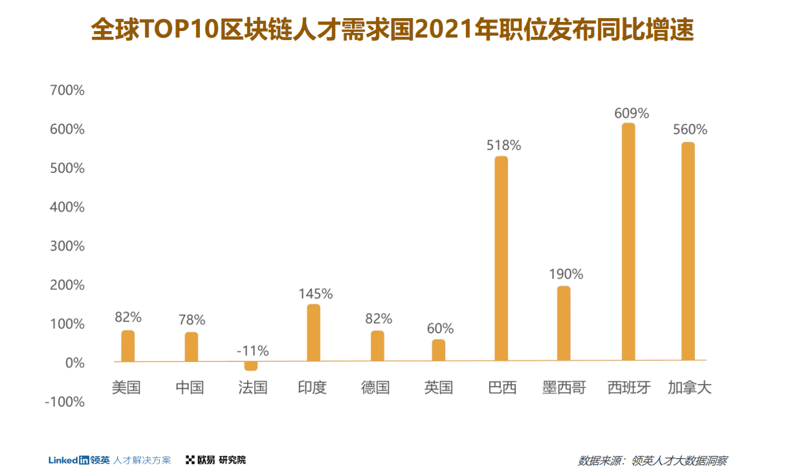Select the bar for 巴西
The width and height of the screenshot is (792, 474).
pos(501,258)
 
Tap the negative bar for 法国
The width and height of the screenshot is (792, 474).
pos(251,366)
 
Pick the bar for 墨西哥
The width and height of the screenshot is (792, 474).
pos(564,323)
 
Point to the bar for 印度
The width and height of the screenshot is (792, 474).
pos(314,333)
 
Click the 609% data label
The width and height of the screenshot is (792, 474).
pos(632,113)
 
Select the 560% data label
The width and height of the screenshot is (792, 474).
pos(690,130)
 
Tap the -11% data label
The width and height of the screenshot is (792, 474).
pos(252,351)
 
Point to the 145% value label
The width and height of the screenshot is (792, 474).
pos(316,294)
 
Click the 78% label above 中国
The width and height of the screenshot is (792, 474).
pos(192,320)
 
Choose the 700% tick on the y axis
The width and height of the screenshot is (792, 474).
pos(67,91)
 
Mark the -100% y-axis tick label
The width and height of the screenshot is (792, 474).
pos(65,401)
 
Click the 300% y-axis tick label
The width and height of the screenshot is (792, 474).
pos(67,246)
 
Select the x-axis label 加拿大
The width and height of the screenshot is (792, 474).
pos(690,388)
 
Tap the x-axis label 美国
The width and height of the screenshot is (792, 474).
pos(126,388)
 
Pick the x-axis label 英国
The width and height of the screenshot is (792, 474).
pos(439,388)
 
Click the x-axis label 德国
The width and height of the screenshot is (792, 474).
pos(376,388)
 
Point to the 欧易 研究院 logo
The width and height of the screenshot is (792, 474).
pos(216,460)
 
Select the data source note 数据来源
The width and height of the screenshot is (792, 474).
pos(652,461)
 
